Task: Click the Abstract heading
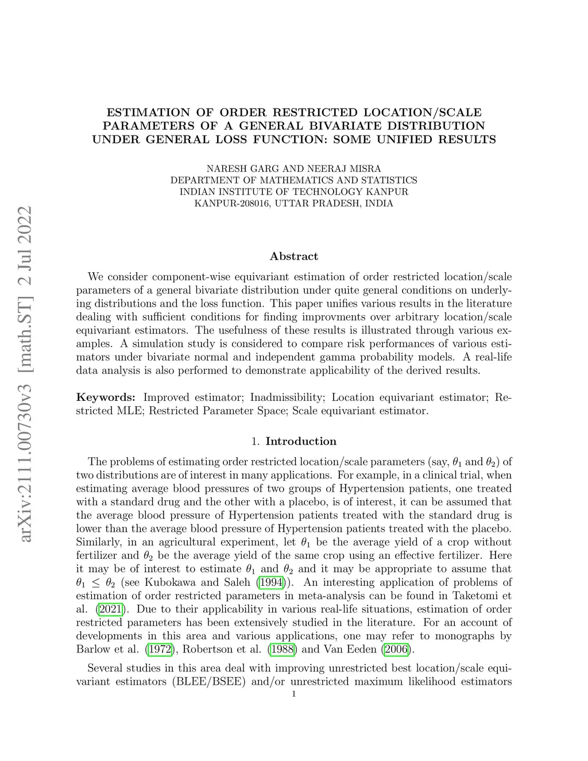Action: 293,256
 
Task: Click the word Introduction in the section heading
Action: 301,441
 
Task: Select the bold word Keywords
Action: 106,397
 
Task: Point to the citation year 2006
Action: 396,650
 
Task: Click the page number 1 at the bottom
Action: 294,694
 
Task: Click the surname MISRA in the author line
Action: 365,169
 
